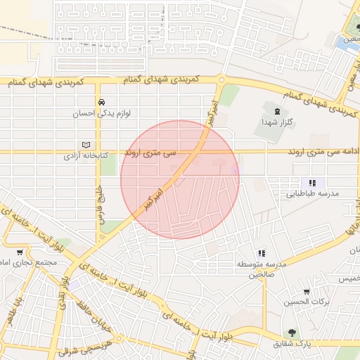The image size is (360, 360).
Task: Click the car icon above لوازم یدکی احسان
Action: pyautogui.click(x=102, y=101)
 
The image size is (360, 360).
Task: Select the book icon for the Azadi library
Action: pyautogui.click(x=86, y=143)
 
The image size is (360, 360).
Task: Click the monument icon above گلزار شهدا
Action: pyautogui.click(x=275, y=110)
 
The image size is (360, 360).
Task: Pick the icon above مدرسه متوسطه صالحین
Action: pyautogui.click(x=262, y=252)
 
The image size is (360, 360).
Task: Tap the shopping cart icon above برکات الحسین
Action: pyautogui.click(x=306, y=290)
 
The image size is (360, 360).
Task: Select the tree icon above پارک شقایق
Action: pyautogui.click(x=289, y=333)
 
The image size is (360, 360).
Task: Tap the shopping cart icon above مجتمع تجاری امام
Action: pyautogui.click(x=20, y=252)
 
